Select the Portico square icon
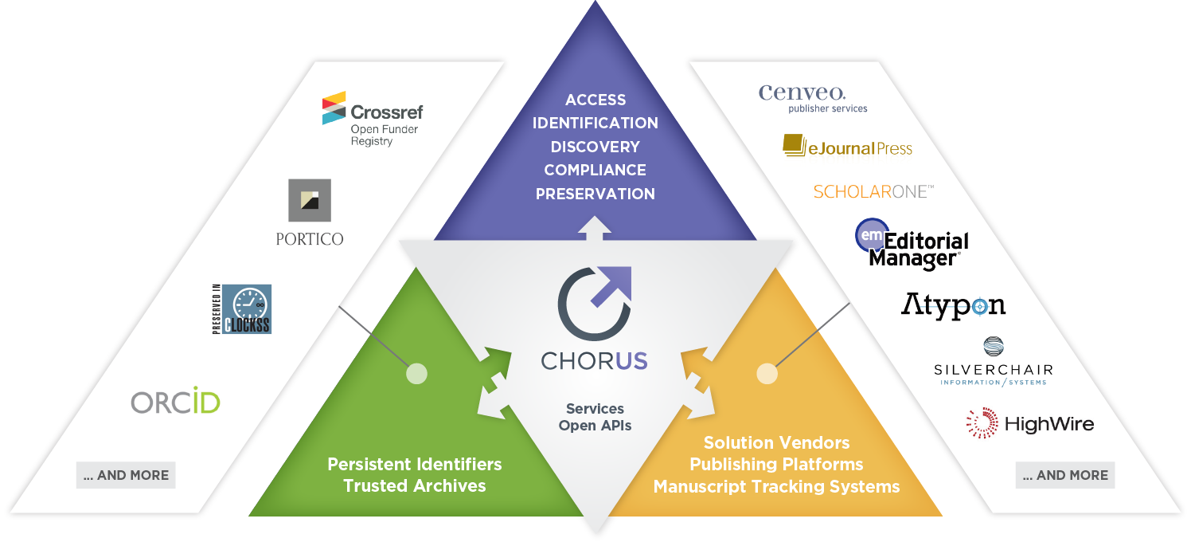310,200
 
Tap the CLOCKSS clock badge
242,309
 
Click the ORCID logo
175,401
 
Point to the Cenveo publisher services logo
812,99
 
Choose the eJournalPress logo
848,146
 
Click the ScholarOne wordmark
873,191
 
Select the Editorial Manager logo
912,244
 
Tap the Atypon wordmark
953,306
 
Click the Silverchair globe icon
994,347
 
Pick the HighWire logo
1030,423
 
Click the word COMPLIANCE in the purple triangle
595,171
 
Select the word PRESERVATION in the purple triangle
595,194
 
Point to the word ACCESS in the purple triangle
595,100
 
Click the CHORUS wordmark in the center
595,361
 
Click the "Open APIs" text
595,426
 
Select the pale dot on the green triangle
417,374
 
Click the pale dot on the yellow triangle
767,374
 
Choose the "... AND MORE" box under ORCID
126,475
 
